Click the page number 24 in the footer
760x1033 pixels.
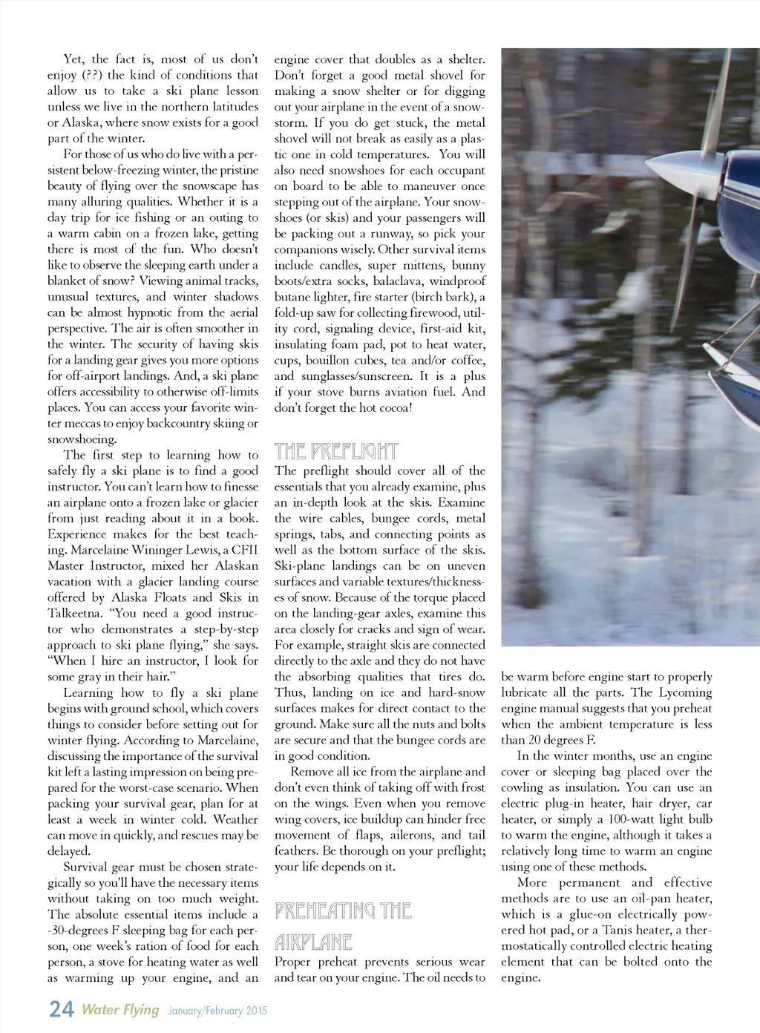[x=61, y=1009]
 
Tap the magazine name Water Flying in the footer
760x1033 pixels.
[x=120, y=1009]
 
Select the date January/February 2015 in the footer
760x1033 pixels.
[x=217, y=1010]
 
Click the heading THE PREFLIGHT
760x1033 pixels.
[x=335, y=451]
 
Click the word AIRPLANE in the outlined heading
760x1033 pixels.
[x=312, y=942]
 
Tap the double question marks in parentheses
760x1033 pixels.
[x=93, y=75]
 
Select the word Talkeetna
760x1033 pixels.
[x=77, y=614]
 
